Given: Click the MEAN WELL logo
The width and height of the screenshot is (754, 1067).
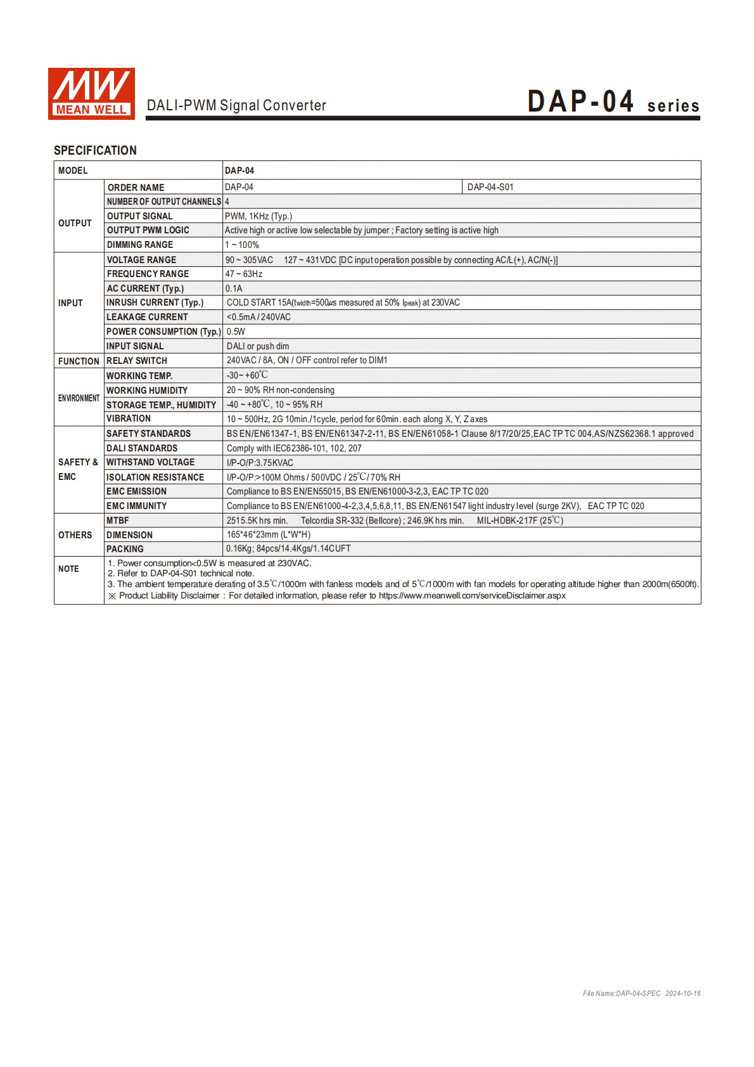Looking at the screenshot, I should click(x=91, y=93).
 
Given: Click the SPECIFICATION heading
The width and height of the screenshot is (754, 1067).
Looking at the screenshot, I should click(x=95, y=150).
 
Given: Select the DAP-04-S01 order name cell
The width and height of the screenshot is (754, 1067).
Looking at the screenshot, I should click(x=490, y=187).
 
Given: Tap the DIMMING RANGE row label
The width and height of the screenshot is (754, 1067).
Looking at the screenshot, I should click(x=139, y=245).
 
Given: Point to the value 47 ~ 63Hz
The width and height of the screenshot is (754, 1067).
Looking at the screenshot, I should click(x=244, y=274).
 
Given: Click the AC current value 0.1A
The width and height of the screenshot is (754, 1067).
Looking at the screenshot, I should click(x=234, y=288).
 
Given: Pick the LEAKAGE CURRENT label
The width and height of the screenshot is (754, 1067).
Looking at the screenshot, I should click(x=147, y=317).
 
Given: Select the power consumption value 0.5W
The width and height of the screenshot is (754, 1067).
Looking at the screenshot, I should click(x=236, y=332).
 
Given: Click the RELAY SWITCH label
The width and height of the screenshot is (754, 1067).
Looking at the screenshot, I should click(x=137, y=361).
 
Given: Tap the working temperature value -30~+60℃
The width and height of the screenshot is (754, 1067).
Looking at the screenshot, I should click(x=247, y=375).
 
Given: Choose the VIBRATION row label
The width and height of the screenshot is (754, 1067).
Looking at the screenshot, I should click(x=129, y=418).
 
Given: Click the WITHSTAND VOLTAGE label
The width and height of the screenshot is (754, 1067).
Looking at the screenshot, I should click(x=150, y=462).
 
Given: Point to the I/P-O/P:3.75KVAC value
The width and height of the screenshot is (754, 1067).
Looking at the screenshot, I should click(x=260, y=463).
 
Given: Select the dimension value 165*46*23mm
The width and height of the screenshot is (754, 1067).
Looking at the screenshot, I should click(x=269, y=534).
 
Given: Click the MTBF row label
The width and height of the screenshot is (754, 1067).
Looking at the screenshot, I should click(x=118, y=521).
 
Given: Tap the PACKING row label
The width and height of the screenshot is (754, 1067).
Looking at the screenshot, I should click(x=125, y=549).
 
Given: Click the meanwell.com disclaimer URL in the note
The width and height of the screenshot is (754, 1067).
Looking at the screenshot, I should click(x=472, y=595).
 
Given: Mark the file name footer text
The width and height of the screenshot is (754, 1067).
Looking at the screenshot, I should click(x=641, y=993).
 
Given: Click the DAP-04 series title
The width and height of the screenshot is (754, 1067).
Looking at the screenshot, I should click(x=613, y=102).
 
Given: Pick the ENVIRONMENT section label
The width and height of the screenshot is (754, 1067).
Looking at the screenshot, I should click(x=79, y=398).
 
